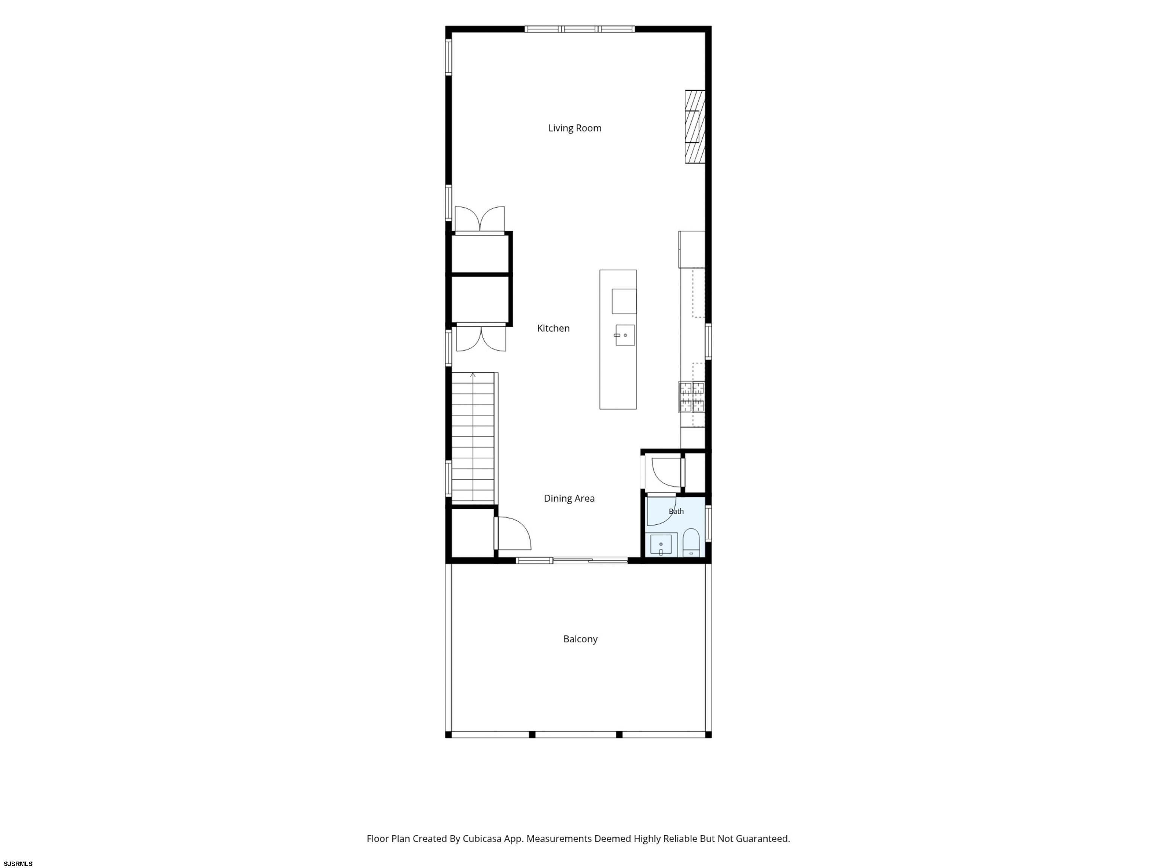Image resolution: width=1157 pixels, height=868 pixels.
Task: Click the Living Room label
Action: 574,128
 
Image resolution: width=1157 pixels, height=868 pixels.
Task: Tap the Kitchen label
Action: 553,328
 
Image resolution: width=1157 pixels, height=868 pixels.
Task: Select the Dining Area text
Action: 569,498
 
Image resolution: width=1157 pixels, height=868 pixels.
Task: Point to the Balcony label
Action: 580,639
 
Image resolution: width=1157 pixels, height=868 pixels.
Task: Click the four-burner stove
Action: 691,397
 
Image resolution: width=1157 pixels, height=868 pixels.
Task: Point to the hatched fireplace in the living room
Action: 695,127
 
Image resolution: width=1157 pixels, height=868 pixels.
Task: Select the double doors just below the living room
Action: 480,219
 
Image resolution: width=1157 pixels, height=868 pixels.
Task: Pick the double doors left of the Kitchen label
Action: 481,338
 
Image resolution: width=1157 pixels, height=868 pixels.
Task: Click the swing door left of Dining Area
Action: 513,533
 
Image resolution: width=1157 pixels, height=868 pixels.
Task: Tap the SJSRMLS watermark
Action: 18,864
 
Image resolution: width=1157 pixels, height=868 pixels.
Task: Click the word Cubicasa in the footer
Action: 482,839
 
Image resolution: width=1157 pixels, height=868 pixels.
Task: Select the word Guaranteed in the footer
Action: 763,839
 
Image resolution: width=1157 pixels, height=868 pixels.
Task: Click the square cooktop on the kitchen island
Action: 624,301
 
